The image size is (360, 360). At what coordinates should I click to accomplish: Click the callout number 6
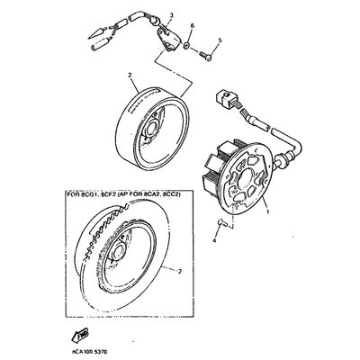coord(192,28)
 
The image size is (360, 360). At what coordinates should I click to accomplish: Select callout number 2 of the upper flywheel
coord(130,76)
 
